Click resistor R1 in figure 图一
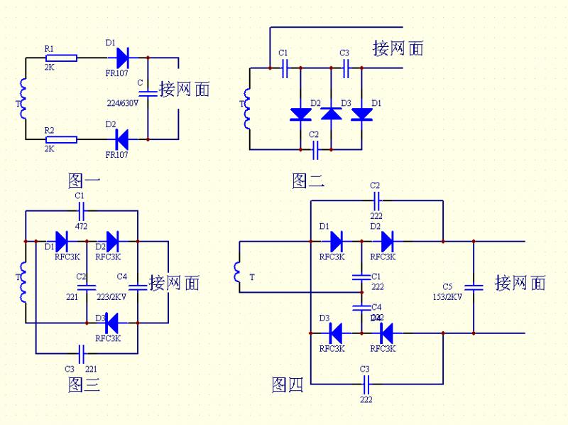point(61,58)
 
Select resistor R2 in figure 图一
point(61,140)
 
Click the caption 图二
point(308,181)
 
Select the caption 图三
point(84,384)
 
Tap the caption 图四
point(288,384)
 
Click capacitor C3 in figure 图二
point(346,68)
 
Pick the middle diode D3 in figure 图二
point(332,114)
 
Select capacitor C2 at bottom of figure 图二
point(317,149)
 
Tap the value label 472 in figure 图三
point(80,226)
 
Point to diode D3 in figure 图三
point(110,323)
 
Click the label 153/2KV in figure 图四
point(447,297)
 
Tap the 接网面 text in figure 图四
point(520,283)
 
